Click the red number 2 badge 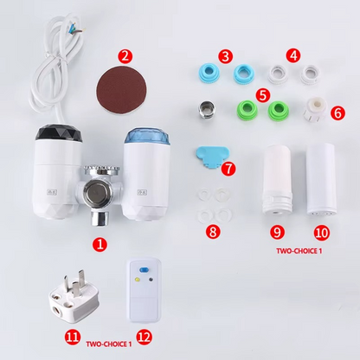coord(125,56)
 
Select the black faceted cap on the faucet coord(59,136)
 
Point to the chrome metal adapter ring coord(206,110)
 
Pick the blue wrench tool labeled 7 coord(212,156)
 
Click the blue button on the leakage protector coord(143,270)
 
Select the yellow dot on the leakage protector coord(138,280)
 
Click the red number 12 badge coord(144,337)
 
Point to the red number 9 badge coord(277,232)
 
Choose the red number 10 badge coord(322,233)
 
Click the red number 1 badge coord(100,245)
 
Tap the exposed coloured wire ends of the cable coord(77,28)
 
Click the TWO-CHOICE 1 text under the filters coord(299,251)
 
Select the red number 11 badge coord(73,337)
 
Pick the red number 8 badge coord(213,232)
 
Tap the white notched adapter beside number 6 coord(315,110)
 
